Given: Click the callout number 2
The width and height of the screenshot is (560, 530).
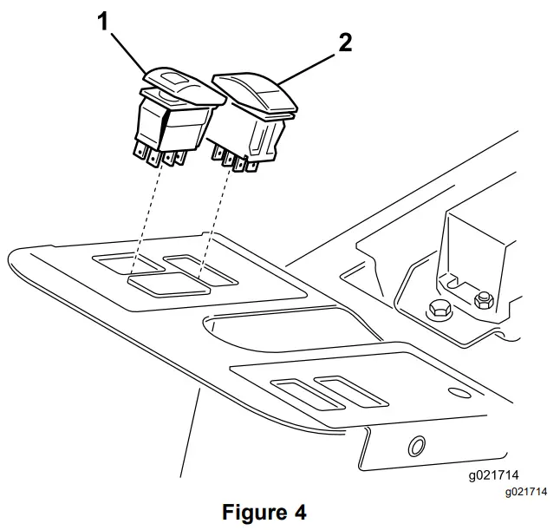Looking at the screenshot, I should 345,43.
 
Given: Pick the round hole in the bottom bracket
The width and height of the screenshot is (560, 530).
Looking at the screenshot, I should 417,446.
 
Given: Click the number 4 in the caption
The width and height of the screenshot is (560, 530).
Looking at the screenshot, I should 299,512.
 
